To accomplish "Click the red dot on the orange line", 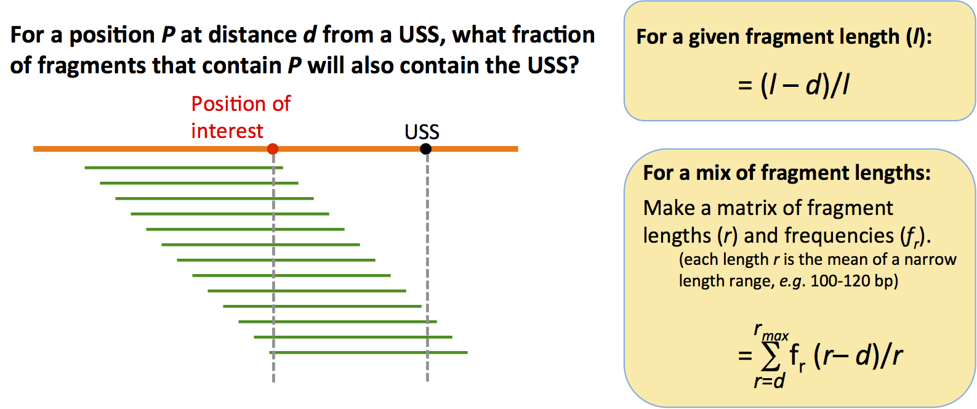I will click(273, 148).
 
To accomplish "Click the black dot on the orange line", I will click(425, 148).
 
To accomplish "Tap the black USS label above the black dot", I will click(422, 131).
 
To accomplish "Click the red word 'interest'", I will click(227, 131).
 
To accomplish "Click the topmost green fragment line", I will click(183, 168).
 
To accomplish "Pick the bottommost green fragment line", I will click(368, 352).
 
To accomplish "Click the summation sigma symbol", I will click(770, 356).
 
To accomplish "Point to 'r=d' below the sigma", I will click(769, 381).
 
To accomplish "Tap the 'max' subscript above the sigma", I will click(775, 336).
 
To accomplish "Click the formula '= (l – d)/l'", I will click(794, 85).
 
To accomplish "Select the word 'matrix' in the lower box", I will click(747, 208).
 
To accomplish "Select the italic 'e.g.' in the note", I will click(792, 281).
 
